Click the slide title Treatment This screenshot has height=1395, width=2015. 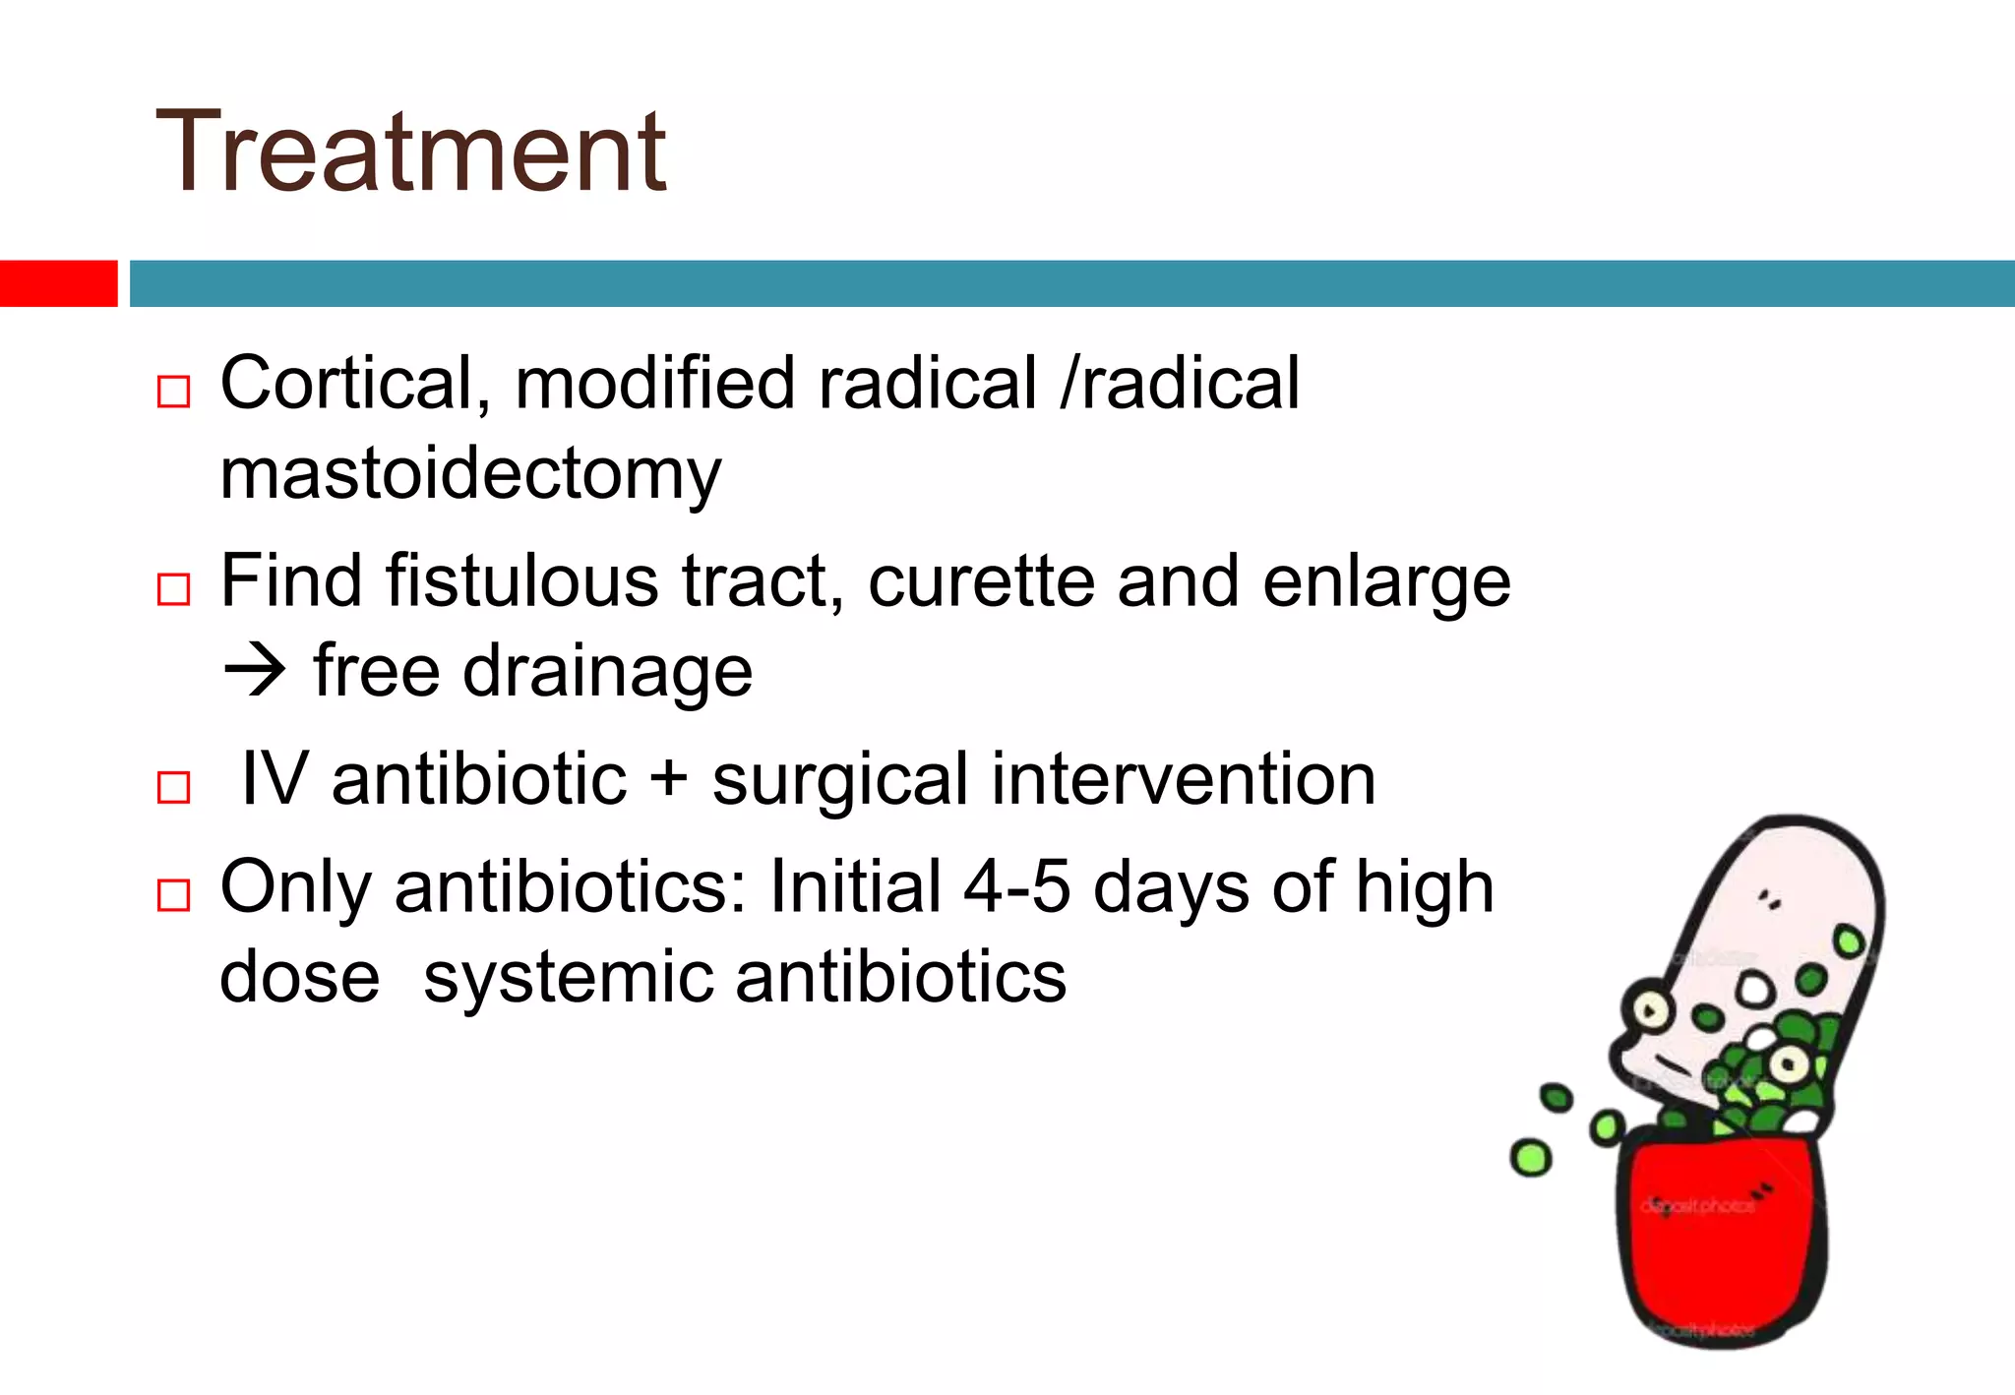[411, 152]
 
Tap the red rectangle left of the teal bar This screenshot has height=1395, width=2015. [58, 283]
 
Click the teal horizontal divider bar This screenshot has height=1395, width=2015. [1070, 283]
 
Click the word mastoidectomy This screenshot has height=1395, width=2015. [470, 475]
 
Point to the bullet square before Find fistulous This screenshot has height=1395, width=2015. [173, 589]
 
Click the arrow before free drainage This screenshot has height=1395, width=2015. [254, 672]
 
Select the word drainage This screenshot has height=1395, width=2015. [607, 672]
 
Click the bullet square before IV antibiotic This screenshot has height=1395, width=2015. [173, 788]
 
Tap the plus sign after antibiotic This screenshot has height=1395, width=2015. [669, 780]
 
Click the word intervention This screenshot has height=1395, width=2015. [1183, 780]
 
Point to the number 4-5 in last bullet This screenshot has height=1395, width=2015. [1016, 886]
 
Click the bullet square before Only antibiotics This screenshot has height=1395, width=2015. [173, 895]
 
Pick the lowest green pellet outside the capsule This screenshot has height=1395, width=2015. [1531, 1158]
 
